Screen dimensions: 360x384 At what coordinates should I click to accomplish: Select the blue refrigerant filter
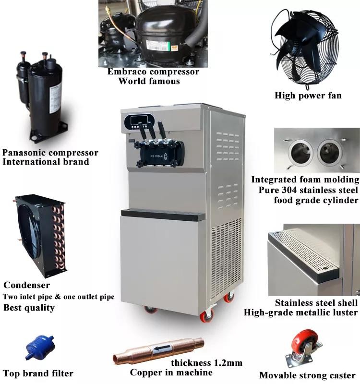(40, 347)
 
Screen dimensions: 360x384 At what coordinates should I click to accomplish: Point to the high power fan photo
(305, 48)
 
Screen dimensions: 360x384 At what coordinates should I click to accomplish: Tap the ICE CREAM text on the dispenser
(157, 156)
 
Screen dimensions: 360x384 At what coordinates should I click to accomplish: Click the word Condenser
(27, 285)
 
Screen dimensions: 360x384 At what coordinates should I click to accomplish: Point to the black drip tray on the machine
(163, 215)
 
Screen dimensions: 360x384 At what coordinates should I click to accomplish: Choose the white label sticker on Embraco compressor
(158, 46)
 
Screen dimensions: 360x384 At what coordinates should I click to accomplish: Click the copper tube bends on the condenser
(58, 236)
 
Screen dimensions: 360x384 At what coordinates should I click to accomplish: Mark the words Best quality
(29, 308)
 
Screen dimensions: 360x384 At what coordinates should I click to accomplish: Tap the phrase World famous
(149, 81)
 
